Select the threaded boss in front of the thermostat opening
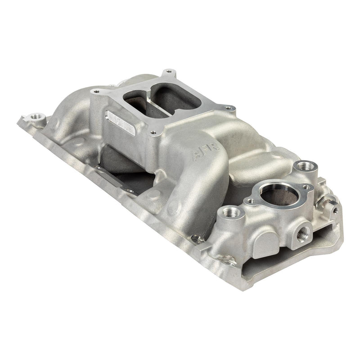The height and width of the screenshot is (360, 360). (x=233, y=211)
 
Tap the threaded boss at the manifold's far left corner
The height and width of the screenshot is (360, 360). (x=35, y=118)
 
